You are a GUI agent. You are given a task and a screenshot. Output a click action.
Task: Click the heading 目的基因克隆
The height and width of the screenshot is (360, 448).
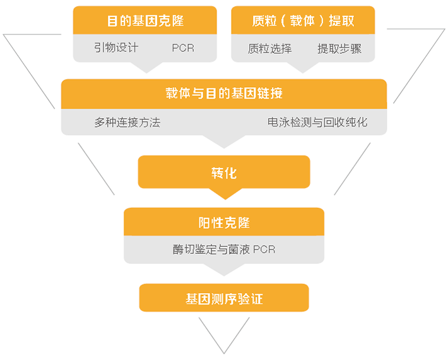coord(145,21)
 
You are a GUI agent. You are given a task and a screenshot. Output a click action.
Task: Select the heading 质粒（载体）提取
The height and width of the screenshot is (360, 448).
coord(303,21)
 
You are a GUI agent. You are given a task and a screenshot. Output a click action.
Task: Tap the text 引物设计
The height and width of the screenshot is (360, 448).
coord(116,47)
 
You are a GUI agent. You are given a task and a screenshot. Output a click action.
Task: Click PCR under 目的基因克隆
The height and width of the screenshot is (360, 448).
coord(183,48)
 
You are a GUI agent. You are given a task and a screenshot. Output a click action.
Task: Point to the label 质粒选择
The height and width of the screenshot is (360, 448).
coord(269,49)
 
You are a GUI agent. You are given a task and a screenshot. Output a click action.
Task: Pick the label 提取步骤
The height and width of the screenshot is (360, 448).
coord(339,49)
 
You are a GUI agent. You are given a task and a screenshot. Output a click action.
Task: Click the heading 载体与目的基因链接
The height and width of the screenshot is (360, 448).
coord(224,93)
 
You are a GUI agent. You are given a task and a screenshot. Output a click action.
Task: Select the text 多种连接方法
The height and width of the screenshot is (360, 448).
coord(127,123)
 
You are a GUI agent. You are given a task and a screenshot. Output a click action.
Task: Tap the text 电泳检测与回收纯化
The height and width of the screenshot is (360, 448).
coord(317,122)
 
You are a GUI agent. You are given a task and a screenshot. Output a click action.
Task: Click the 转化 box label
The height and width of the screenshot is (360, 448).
coord(224,173)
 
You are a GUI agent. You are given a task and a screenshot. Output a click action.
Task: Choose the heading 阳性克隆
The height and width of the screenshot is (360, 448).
coord(224,223)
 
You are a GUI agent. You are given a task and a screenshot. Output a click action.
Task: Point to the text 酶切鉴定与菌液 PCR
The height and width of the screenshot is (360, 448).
coord(224,249)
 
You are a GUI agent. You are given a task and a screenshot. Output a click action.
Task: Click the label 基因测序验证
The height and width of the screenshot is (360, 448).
coord(224,299)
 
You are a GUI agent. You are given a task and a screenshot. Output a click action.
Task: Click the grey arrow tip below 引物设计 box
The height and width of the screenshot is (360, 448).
coord(146,73)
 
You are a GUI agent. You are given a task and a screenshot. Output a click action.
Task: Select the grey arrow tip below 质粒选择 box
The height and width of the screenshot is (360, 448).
coord(303,73)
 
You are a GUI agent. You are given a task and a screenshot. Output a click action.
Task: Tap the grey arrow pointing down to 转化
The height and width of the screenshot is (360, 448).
coord(224,141)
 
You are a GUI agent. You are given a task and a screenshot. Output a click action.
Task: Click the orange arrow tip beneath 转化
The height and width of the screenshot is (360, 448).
coord(225,200)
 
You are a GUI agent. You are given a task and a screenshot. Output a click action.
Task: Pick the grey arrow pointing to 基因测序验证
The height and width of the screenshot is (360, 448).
coord(224,270)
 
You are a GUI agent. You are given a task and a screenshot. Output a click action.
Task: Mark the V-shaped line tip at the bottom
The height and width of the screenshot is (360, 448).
coord(224,354)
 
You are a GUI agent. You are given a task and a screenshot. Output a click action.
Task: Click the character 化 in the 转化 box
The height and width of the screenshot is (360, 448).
coord(231,173)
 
